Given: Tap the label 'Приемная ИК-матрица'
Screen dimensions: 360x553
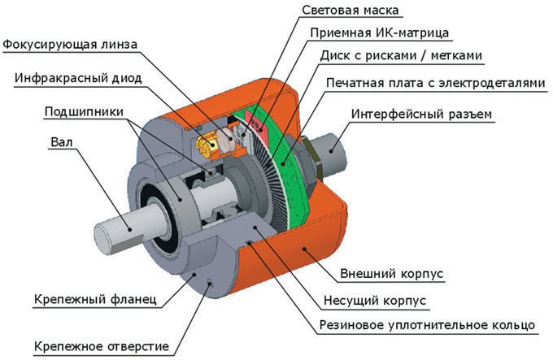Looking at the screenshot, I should point(379,33).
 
